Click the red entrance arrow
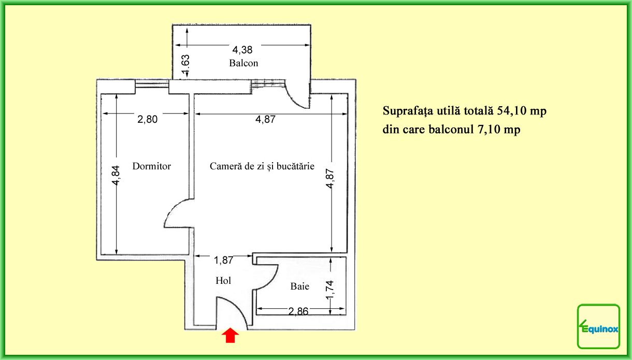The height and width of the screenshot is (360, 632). pyautogui.click(x=230, y=336)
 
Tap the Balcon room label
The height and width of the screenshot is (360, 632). pyautogui.click(x=243, y=63)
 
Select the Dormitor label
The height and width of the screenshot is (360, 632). pyautogui.click(x=151, y=166)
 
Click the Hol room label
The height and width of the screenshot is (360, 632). pyautogui.click(x=223, y=280)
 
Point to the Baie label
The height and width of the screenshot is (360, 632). pyautogui.click(x=299, y=286)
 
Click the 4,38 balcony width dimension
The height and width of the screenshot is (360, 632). pyautogui.click(x=242, y=50)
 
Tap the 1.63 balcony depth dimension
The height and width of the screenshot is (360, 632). pyautogui.click(x=185, y=64)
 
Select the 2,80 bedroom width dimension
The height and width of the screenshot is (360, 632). pyautogui.click(x=147, y=119)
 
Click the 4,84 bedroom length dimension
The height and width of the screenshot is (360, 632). pyautogui.click(x=116, y=175)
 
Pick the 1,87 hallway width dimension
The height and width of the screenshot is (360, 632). pyautogui.click(x=223, y=260)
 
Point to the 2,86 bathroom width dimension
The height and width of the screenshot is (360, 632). pyautogui.click(x=298, y=311)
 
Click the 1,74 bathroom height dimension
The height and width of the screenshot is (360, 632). pyautogui.click(x=329, y=290)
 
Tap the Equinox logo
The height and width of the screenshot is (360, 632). pyautogui.click(x=598, y=326)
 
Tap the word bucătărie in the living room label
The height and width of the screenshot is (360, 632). pyautogui.click(x=295, y=166)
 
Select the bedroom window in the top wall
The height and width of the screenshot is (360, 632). pyautogui.click(x=152, y=84)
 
